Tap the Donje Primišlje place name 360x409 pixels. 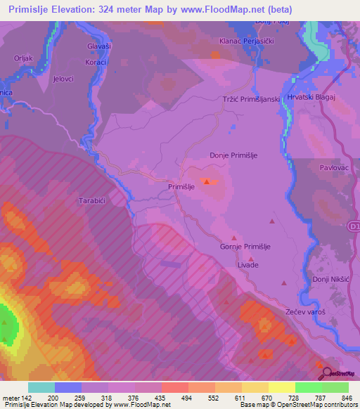pos(236,156)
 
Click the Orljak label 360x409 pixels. pos(23,58)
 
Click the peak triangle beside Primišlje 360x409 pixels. pos(206,182)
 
